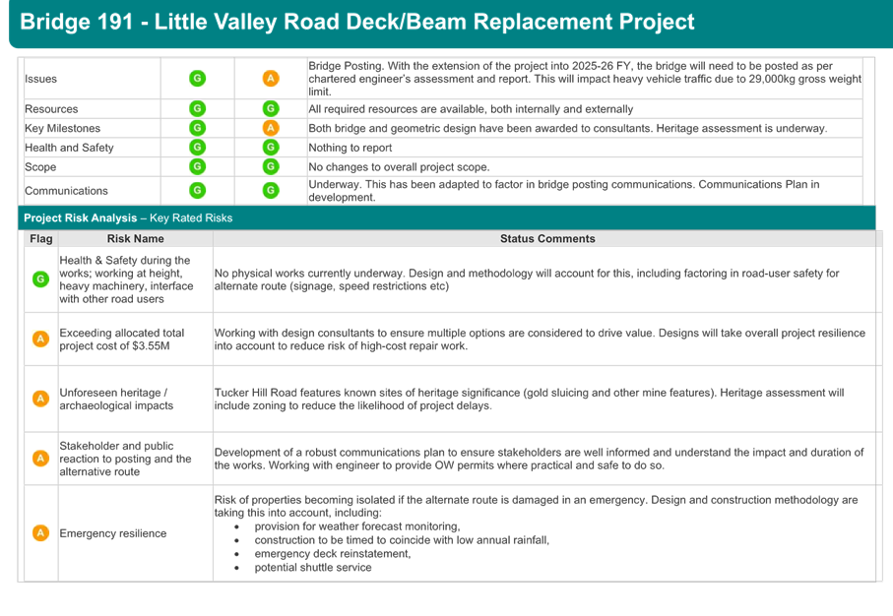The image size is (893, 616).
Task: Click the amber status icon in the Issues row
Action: [x=271, y=78]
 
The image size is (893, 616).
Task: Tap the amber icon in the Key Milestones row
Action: [x=271, y=128]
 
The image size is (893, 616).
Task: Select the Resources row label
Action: [x=51, y=109]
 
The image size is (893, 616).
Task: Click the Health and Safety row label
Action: [x=69, y=148]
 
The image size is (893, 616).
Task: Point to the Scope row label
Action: [x=40, y=167]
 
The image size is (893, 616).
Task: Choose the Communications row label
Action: [x=66, y=191]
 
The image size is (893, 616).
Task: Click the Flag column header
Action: [x=41, y=238]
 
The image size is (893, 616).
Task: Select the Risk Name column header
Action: [x=136, y=238]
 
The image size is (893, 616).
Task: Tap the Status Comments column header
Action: [x=547, y=238]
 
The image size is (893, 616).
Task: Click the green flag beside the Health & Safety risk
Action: [x=40, y=278]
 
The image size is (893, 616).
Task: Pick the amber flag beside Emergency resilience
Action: [x=40, y=533]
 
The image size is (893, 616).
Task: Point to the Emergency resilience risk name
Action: [x=113, y=533]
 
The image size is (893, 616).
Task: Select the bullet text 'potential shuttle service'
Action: [x=313, y=567]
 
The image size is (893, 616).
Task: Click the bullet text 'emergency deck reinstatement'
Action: [x=333, y=553]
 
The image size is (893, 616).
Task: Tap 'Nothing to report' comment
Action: [x=351, y=148]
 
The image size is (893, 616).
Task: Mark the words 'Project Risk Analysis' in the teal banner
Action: [x=81, y=218]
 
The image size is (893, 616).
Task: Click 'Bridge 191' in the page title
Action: [x=77, y=22]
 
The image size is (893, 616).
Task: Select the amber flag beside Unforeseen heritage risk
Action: [x=40, y=399]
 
